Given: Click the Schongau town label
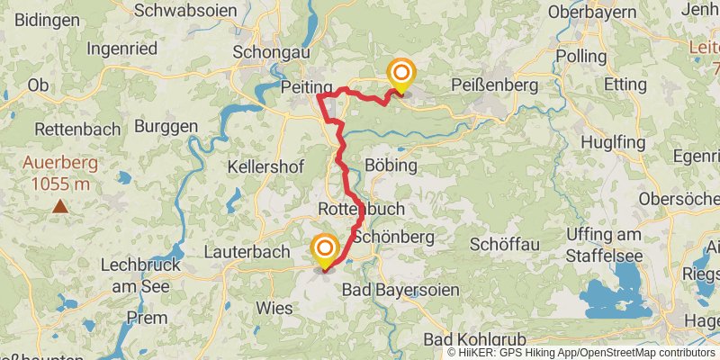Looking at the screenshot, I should [265, 52].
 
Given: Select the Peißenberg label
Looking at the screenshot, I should [491, 85].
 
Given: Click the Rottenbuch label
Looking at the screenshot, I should [362, 209].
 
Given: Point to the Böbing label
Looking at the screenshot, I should [392, 166].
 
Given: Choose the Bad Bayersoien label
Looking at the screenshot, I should [400, 291].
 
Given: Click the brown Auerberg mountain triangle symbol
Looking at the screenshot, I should [59, 206].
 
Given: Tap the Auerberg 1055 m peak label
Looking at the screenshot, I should [59, 175].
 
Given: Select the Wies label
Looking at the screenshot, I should [274, 308].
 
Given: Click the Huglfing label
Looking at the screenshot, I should [613, 142].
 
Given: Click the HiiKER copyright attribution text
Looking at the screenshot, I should [582, 352].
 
